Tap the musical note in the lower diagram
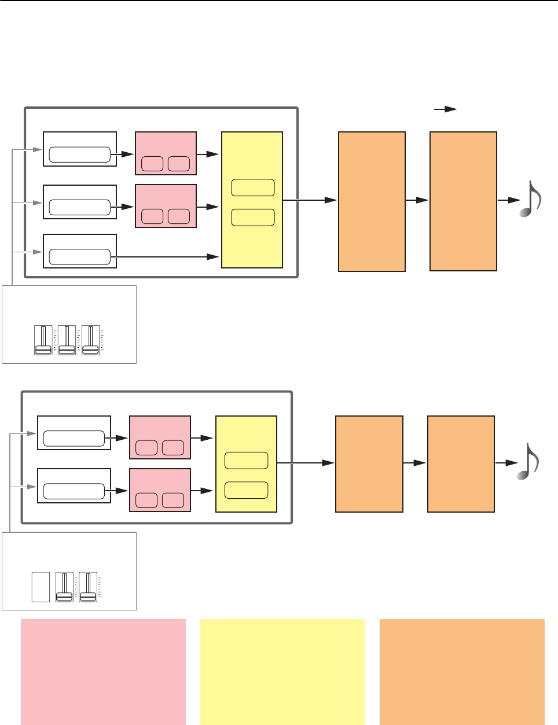coord(528,461)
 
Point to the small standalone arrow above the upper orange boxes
coord(446,109)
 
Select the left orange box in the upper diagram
coord(372,201)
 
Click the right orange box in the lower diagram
coord(461,463)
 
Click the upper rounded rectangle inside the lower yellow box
coord(246,461)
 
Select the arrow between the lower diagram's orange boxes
coord(414,463)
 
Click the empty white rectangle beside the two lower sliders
coord(41,587)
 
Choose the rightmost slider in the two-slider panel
coord(88,587)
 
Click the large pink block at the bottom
coord(103,671)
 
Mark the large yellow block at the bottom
coord(282,671)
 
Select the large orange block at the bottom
coord(462,671)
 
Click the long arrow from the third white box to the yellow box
coord(168,256)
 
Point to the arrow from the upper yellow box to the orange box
coord(310,200)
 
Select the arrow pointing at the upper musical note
coord(508,200)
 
